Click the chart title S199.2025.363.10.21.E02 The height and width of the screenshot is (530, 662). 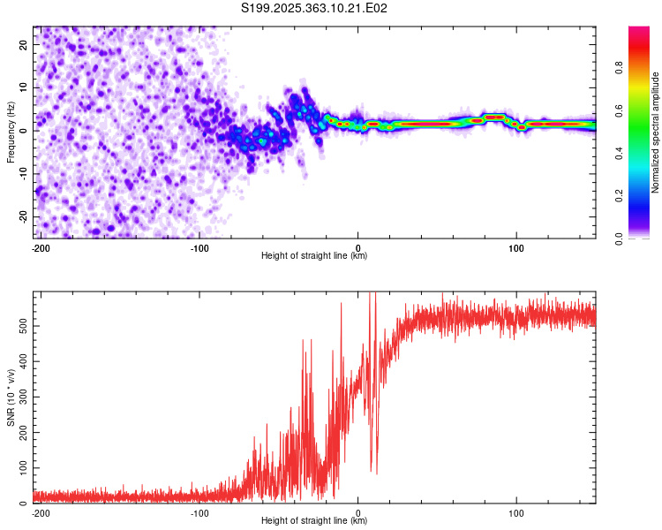[x=315, y=9]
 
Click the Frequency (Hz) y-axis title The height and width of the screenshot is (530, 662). [x=11, y=132]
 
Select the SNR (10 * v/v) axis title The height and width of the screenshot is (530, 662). [x=11, y=397]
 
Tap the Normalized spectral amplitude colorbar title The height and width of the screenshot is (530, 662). [x=656, y=132]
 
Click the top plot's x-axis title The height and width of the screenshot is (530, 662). [x=314, y=255]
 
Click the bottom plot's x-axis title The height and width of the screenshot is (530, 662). [x=314, y=520]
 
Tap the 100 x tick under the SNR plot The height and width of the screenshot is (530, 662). [x=516, y=511]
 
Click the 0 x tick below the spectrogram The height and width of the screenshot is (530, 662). [x=357, y=246]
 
